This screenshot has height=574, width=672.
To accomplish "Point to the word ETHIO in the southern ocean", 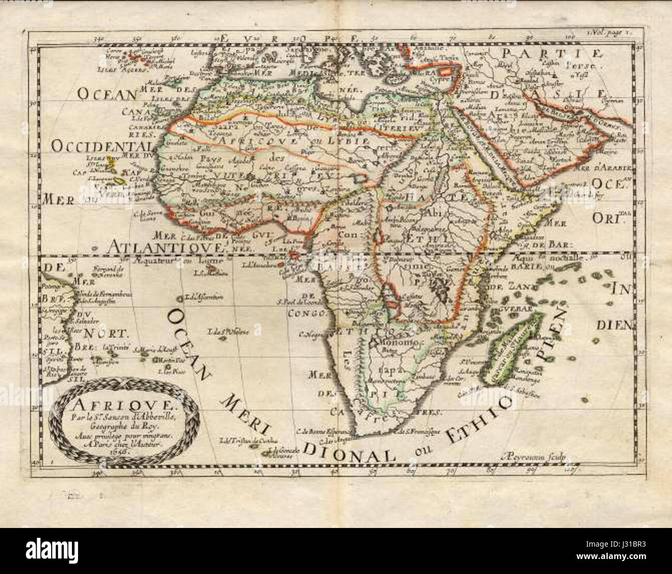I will [x=485, y=415].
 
